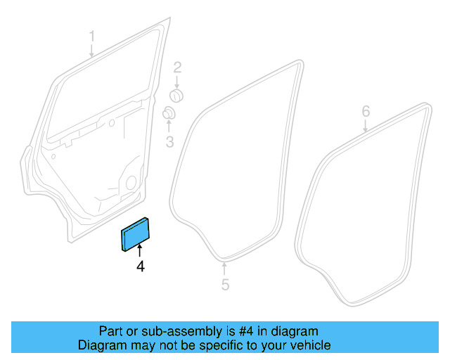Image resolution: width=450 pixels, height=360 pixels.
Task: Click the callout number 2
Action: click(178, 67)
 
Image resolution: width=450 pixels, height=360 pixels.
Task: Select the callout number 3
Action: click(169, 143)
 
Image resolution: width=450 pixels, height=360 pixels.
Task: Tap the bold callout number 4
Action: click(140, 266)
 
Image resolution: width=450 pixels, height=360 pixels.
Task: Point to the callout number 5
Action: click(225, 285)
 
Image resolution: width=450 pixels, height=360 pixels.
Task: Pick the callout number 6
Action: click(366, 111)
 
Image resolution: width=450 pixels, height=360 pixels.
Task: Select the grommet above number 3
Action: click(169, 113)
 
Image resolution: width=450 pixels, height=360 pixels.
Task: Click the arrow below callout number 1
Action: click(91, 50)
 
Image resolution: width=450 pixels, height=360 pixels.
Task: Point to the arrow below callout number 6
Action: click(366, 127)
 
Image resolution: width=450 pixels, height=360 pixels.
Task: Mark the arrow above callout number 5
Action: click(224, 269)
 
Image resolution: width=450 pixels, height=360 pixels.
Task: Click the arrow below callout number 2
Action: click(178, 82)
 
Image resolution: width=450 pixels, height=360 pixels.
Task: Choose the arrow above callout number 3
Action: click(169, 127)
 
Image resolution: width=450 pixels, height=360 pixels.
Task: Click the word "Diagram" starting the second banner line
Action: click(101, 345)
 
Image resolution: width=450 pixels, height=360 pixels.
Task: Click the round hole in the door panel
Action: click(131, 182)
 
